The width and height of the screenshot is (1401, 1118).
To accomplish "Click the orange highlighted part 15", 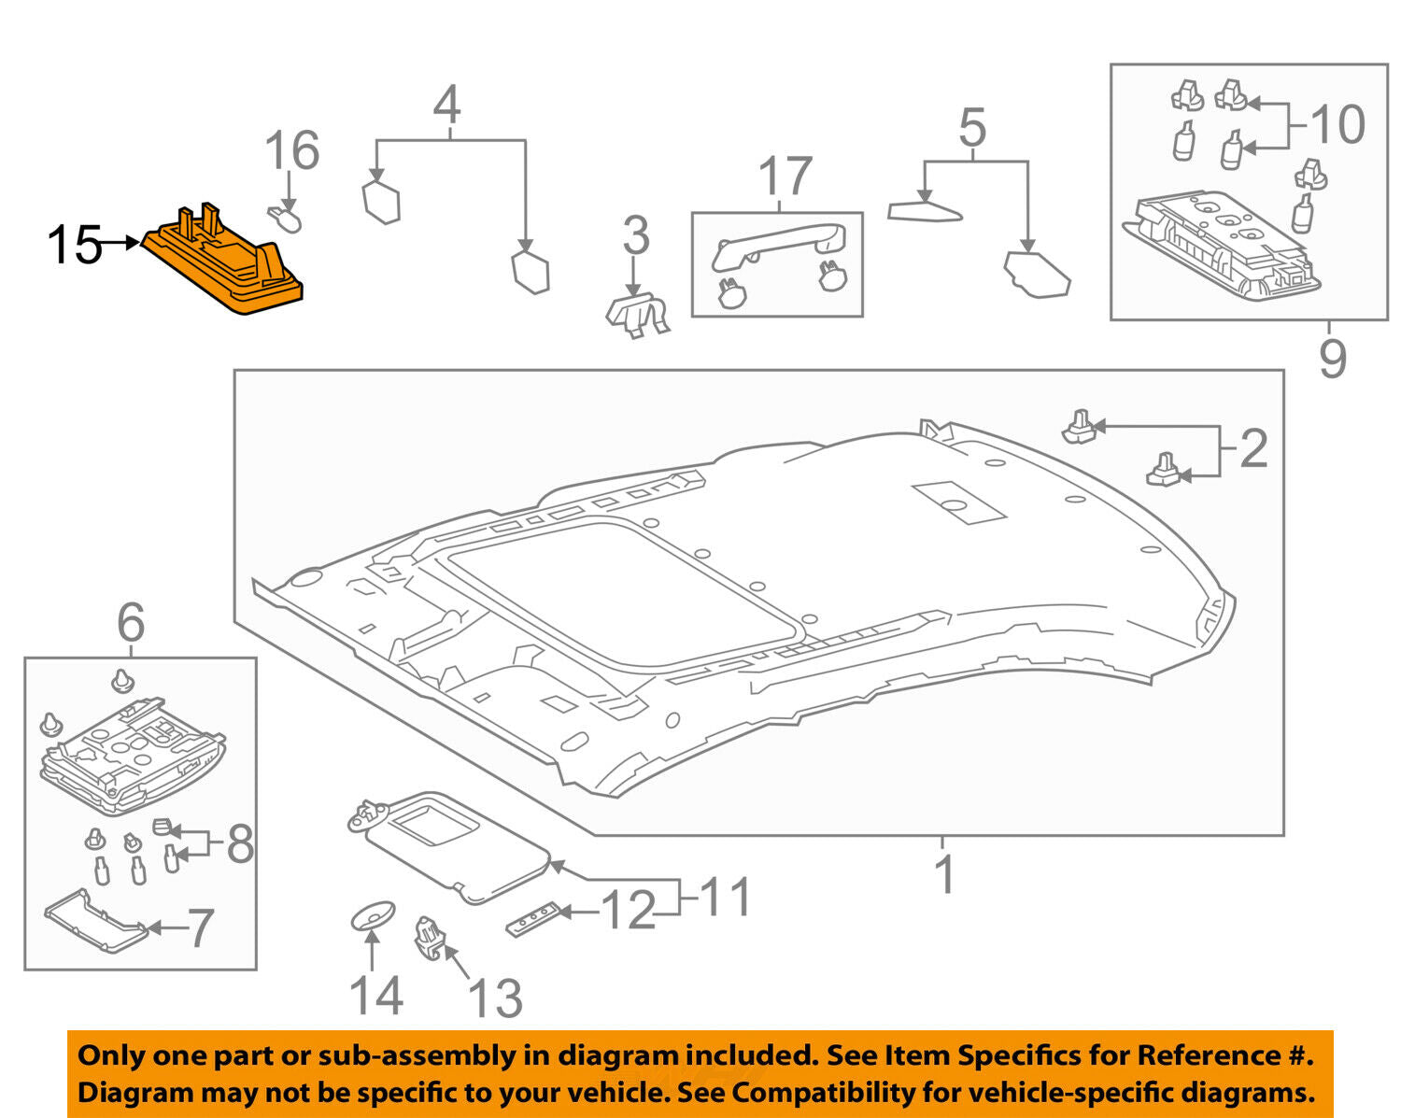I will click(224, 266).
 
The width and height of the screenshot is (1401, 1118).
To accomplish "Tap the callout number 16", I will click(292, 151).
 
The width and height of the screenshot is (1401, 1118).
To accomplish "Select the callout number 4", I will click(447, 106).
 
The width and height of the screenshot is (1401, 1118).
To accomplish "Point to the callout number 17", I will click(785, 177).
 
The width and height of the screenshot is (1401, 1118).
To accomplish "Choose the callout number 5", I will click(972, 128).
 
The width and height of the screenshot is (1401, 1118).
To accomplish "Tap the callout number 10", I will click(1337, 124).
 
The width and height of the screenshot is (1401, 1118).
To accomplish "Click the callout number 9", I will click(1333, 359).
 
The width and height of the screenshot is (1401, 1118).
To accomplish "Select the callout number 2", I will click(1253, 449).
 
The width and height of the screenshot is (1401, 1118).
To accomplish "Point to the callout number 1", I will click(945, 874).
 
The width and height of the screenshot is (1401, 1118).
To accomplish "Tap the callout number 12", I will click(628, 911).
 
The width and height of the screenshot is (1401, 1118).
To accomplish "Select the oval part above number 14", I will click(372, 916).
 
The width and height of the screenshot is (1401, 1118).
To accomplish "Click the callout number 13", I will click(495, 998).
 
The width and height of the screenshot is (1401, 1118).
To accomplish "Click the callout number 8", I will click(240, 844).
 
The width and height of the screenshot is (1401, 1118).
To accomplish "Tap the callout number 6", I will click(131, 622).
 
